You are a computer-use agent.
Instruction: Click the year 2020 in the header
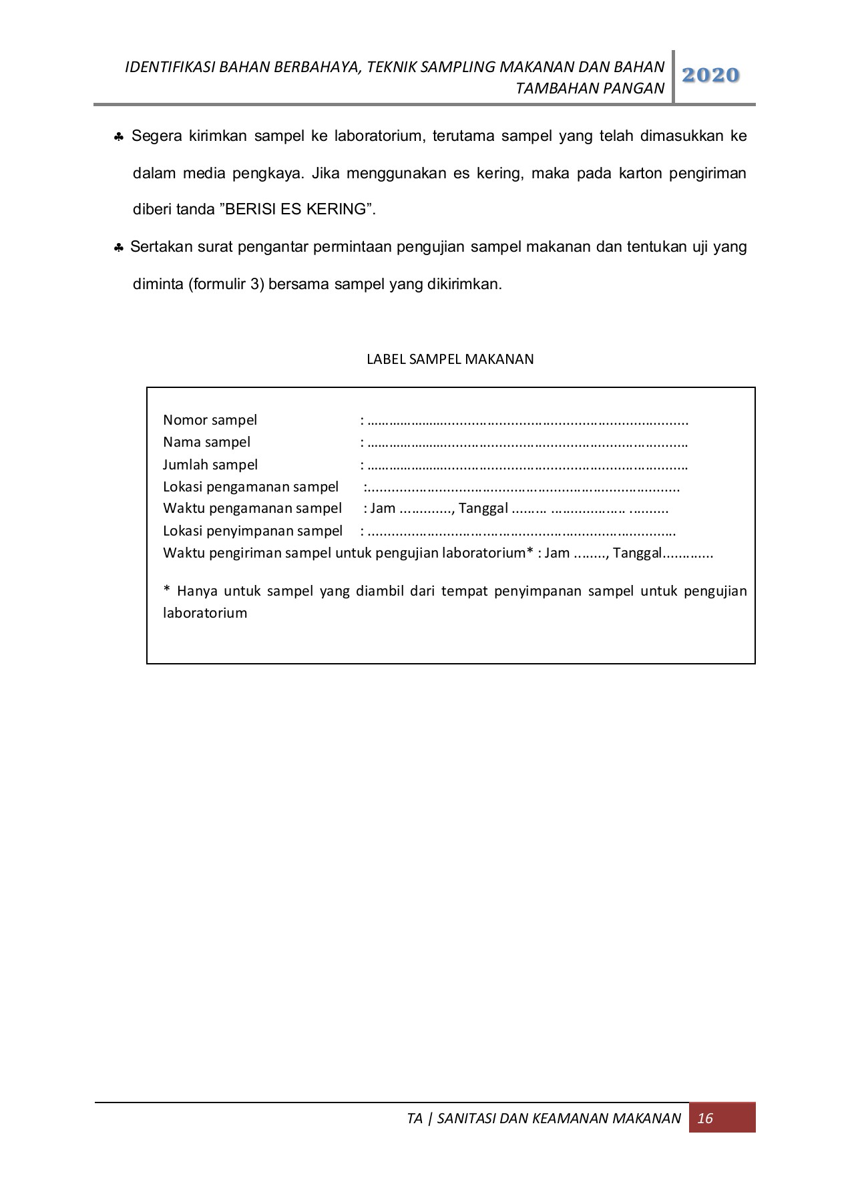click(x=710, y=75)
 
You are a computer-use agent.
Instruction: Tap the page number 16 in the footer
click(x=705, y=1118)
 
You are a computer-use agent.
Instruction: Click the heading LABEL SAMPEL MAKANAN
click(x=450, y=359)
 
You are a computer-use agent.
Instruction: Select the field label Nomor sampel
click(x=210, y=420)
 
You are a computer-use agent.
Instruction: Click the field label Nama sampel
click(x=206, y=442)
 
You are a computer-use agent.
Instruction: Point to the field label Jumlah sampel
click(x=210, y=465)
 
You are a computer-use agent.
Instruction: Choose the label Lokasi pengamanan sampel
click(x=250, y=487)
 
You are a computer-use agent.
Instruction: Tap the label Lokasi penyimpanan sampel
click(x=252, y=531)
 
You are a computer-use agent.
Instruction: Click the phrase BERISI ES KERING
click(x=296, y=209)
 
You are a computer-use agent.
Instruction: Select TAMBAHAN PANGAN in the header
click(x=590, y=88)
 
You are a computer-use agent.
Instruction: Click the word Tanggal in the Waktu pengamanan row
click(x=483, y=509)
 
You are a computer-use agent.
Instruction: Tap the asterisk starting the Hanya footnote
click(x=167, y=590)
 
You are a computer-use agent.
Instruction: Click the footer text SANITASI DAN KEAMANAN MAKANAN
click(x=559, y=1119)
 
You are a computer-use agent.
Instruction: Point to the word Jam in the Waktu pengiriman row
click(x=557, y=553)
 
